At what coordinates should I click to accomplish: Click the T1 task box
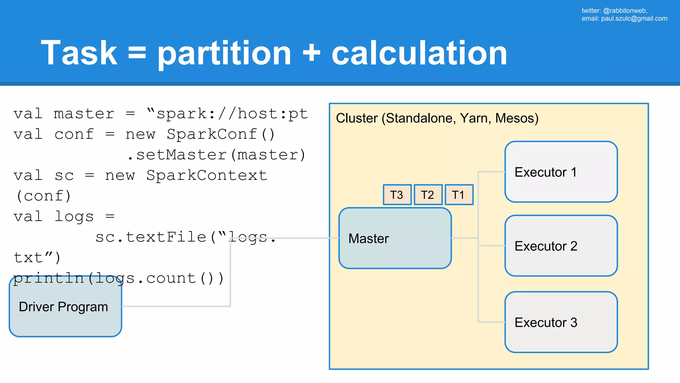click(459, 195)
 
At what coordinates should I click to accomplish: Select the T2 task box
click(428, 195)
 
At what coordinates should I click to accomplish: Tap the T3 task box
click(397, 195)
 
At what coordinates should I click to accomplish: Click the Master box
click(395, 238)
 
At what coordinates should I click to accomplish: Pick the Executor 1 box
click(561, 172)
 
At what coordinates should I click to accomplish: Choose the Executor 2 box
click(561, 246)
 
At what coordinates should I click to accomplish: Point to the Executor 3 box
click(561, 322)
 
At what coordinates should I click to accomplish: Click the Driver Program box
click(65, 307)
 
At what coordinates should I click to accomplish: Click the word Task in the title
click(79, 53)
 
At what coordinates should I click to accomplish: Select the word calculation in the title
click(419, 53)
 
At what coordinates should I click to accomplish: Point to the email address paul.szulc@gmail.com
click(634, 19)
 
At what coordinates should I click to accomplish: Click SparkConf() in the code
click(221, 135)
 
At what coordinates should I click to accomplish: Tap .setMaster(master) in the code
click(216, 155)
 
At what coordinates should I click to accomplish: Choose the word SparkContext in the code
click(207, 176)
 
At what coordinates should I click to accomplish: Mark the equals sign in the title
click(137, 53)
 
